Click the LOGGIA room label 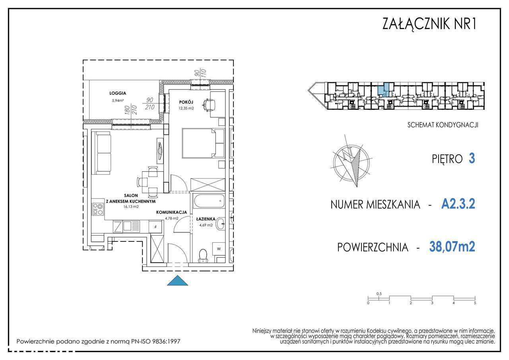(118, 93)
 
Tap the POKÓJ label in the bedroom (186, 102)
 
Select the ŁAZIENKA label (206, 219)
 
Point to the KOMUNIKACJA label (171, 212)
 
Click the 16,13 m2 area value (131, 206)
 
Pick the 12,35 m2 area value (186, 108)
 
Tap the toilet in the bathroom (203, 256)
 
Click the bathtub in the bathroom (208, 200)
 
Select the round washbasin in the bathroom (220, 224)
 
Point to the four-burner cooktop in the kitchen (98, 209)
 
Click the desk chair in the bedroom (208, 105)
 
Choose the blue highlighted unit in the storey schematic (383, 90)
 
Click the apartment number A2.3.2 (458, 204)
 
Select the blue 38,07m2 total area (452, 247)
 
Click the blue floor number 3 (472, 158)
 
